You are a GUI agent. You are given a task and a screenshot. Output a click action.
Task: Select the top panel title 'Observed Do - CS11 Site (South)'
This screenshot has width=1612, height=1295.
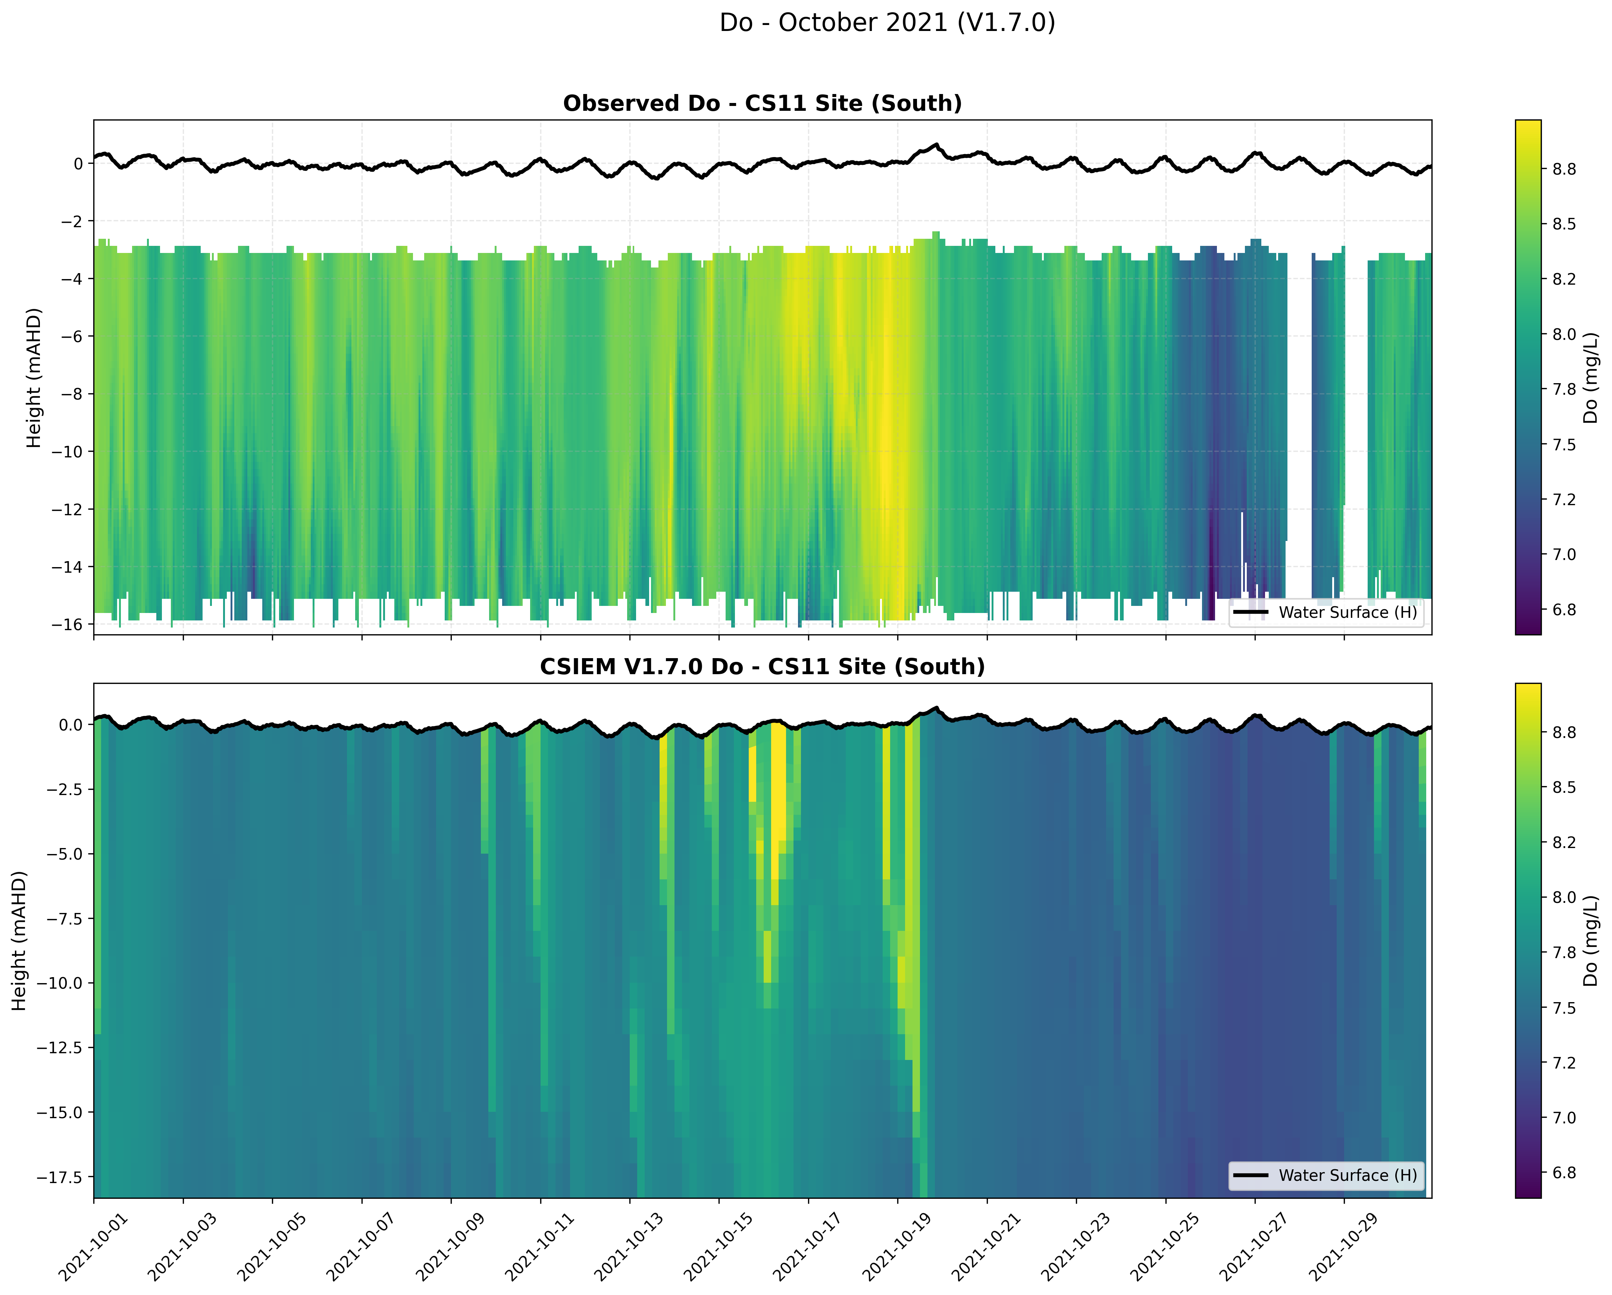click(762, 103)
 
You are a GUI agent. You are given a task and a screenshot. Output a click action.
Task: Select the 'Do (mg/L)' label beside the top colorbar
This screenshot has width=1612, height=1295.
click(1590, 378)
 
